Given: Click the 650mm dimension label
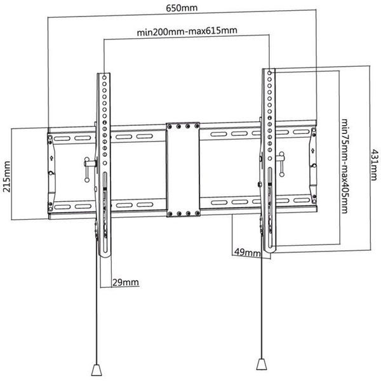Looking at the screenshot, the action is (182, 8).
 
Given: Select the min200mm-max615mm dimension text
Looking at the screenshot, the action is (187, 31).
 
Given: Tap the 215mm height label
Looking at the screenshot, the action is (7, 177).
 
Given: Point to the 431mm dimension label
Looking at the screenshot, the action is (374, 165).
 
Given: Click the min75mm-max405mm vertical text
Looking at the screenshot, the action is (345, 166).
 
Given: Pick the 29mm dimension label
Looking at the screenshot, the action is (125, 283).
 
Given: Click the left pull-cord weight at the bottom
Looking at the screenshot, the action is (97, 370).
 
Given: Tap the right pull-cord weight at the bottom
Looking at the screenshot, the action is (262, 364).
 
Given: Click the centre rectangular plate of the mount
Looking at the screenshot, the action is (184, 170).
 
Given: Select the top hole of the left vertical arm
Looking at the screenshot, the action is (104, 77).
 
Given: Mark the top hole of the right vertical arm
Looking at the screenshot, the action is (269, 72).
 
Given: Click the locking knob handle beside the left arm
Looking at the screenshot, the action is (87, 170).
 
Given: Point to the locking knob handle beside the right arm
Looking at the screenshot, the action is (281, 164).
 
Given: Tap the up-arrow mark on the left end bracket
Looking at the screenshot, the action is (51, 158).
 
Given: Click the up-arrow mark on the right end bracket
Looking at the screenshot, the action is (312, 150).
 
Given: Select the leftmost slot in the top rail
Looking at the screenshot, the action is (62, 138).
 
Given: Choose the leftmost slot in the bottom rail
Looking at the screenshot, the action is (62, 207).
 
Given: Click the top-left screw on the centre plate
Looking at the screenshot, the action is (170, 126).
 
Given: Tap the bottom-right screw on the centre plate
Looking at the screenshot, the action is (197, 213).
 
